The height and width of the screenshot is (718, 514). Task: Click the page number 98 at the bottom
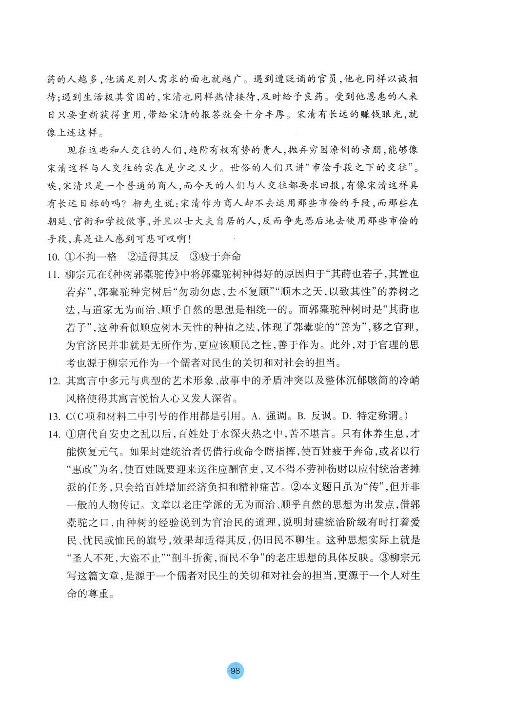(235, 671)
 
